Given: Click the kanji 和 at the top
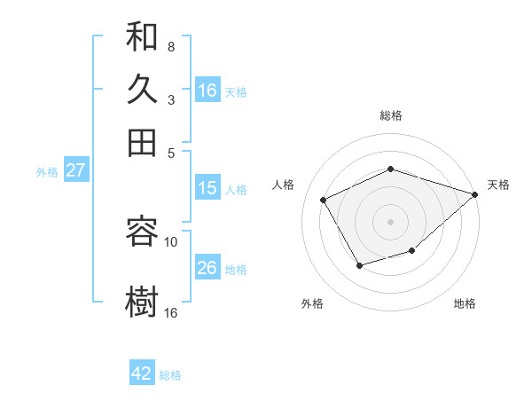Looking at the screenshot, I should (x=142, y=38).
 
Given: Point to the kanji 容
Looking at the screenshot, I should (x=142, y=232).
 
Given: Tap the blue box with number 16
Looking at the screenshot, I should (x=207, y=90).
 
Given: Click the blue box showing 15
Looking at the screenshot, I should (x=207, y=188).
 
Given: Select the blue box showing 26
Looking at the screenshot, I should (x=207, y=268).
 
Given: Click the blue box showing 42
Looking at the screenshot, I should (x=142, y=374).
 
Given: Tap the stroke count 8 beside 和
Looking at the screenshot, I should (x=171, y=46).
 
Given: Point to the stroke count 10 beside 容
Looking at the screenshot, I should (x=171, y=241).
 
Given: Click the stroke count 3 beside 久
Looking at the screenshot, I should (x=171, y=99).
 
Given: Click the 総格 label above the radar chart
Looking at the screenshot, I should (x=391, y=115).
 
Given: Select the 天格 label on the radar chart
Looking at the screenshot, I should (x=498, y=185).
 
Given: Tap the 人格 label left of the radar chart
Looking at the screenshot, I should (x=284, y=185).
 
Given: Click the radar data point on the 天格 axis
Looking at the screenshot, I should (x=475, y=194).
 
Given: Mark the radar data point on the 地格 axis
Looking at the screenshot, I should (x=412, y=252).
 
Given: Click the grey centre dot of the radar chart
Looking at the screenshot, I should (x=390, y=221).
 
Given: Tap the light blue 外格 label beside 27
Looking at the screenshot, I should (x=47, y=172).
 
